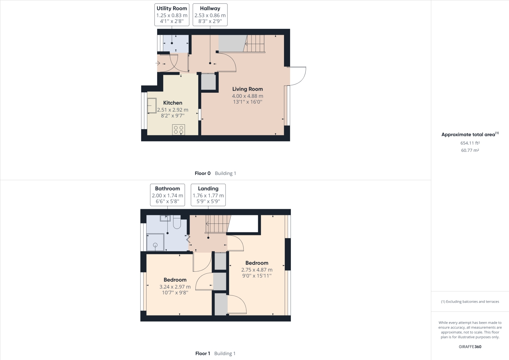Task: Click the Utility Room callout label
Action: coord(172,15)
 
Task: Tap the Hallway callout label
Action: coord(210,15)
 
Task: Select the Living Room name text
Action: coord(247,89)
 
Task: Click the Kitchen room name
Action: coord(173,103)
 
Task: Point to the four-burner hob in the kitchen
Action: coord(178,130)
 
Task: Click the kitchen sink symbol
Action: coord(151,106)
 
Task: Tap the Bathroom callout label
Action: coord(167,195)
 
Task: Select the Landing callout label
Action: coord(208,195)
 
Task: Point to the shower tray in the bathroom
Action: coord(155,242)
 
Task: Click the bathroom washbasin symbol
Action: coord(165,218)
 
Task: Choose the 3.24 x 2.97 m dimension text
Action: coord(175,287)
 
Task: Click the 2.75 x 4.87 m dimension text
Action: coord(257,270)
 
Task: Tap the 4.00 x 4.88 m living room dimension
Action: coord(248,96)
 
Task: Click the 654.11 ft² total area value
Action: coord(470,143)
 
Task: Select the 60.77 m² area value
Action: coord(470,150)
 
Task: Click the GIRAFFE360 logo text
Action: coord(470,347)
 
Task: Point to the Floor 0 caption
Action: coord(203,173)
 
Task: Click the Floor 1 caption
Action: coord(203,354)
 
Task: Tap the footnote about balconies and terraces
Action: coord(470,302)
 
